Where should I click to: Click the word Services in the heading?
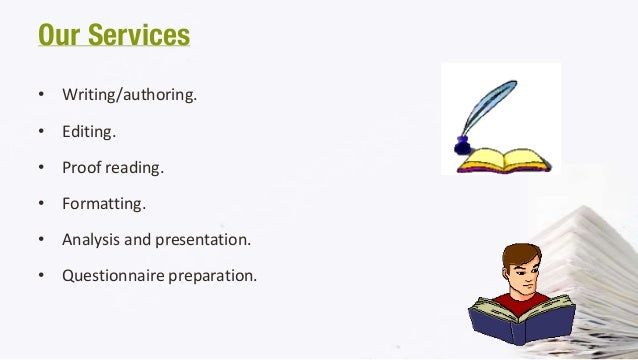139,35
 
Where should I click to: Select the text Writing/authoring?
129,96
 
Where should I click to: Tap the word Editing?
88,131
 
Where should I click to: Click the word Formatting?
103,203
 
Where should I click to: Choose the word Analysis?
90,239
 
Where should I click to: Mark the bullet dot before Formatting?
41,204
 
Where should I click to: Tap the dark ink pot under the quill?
462,148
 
